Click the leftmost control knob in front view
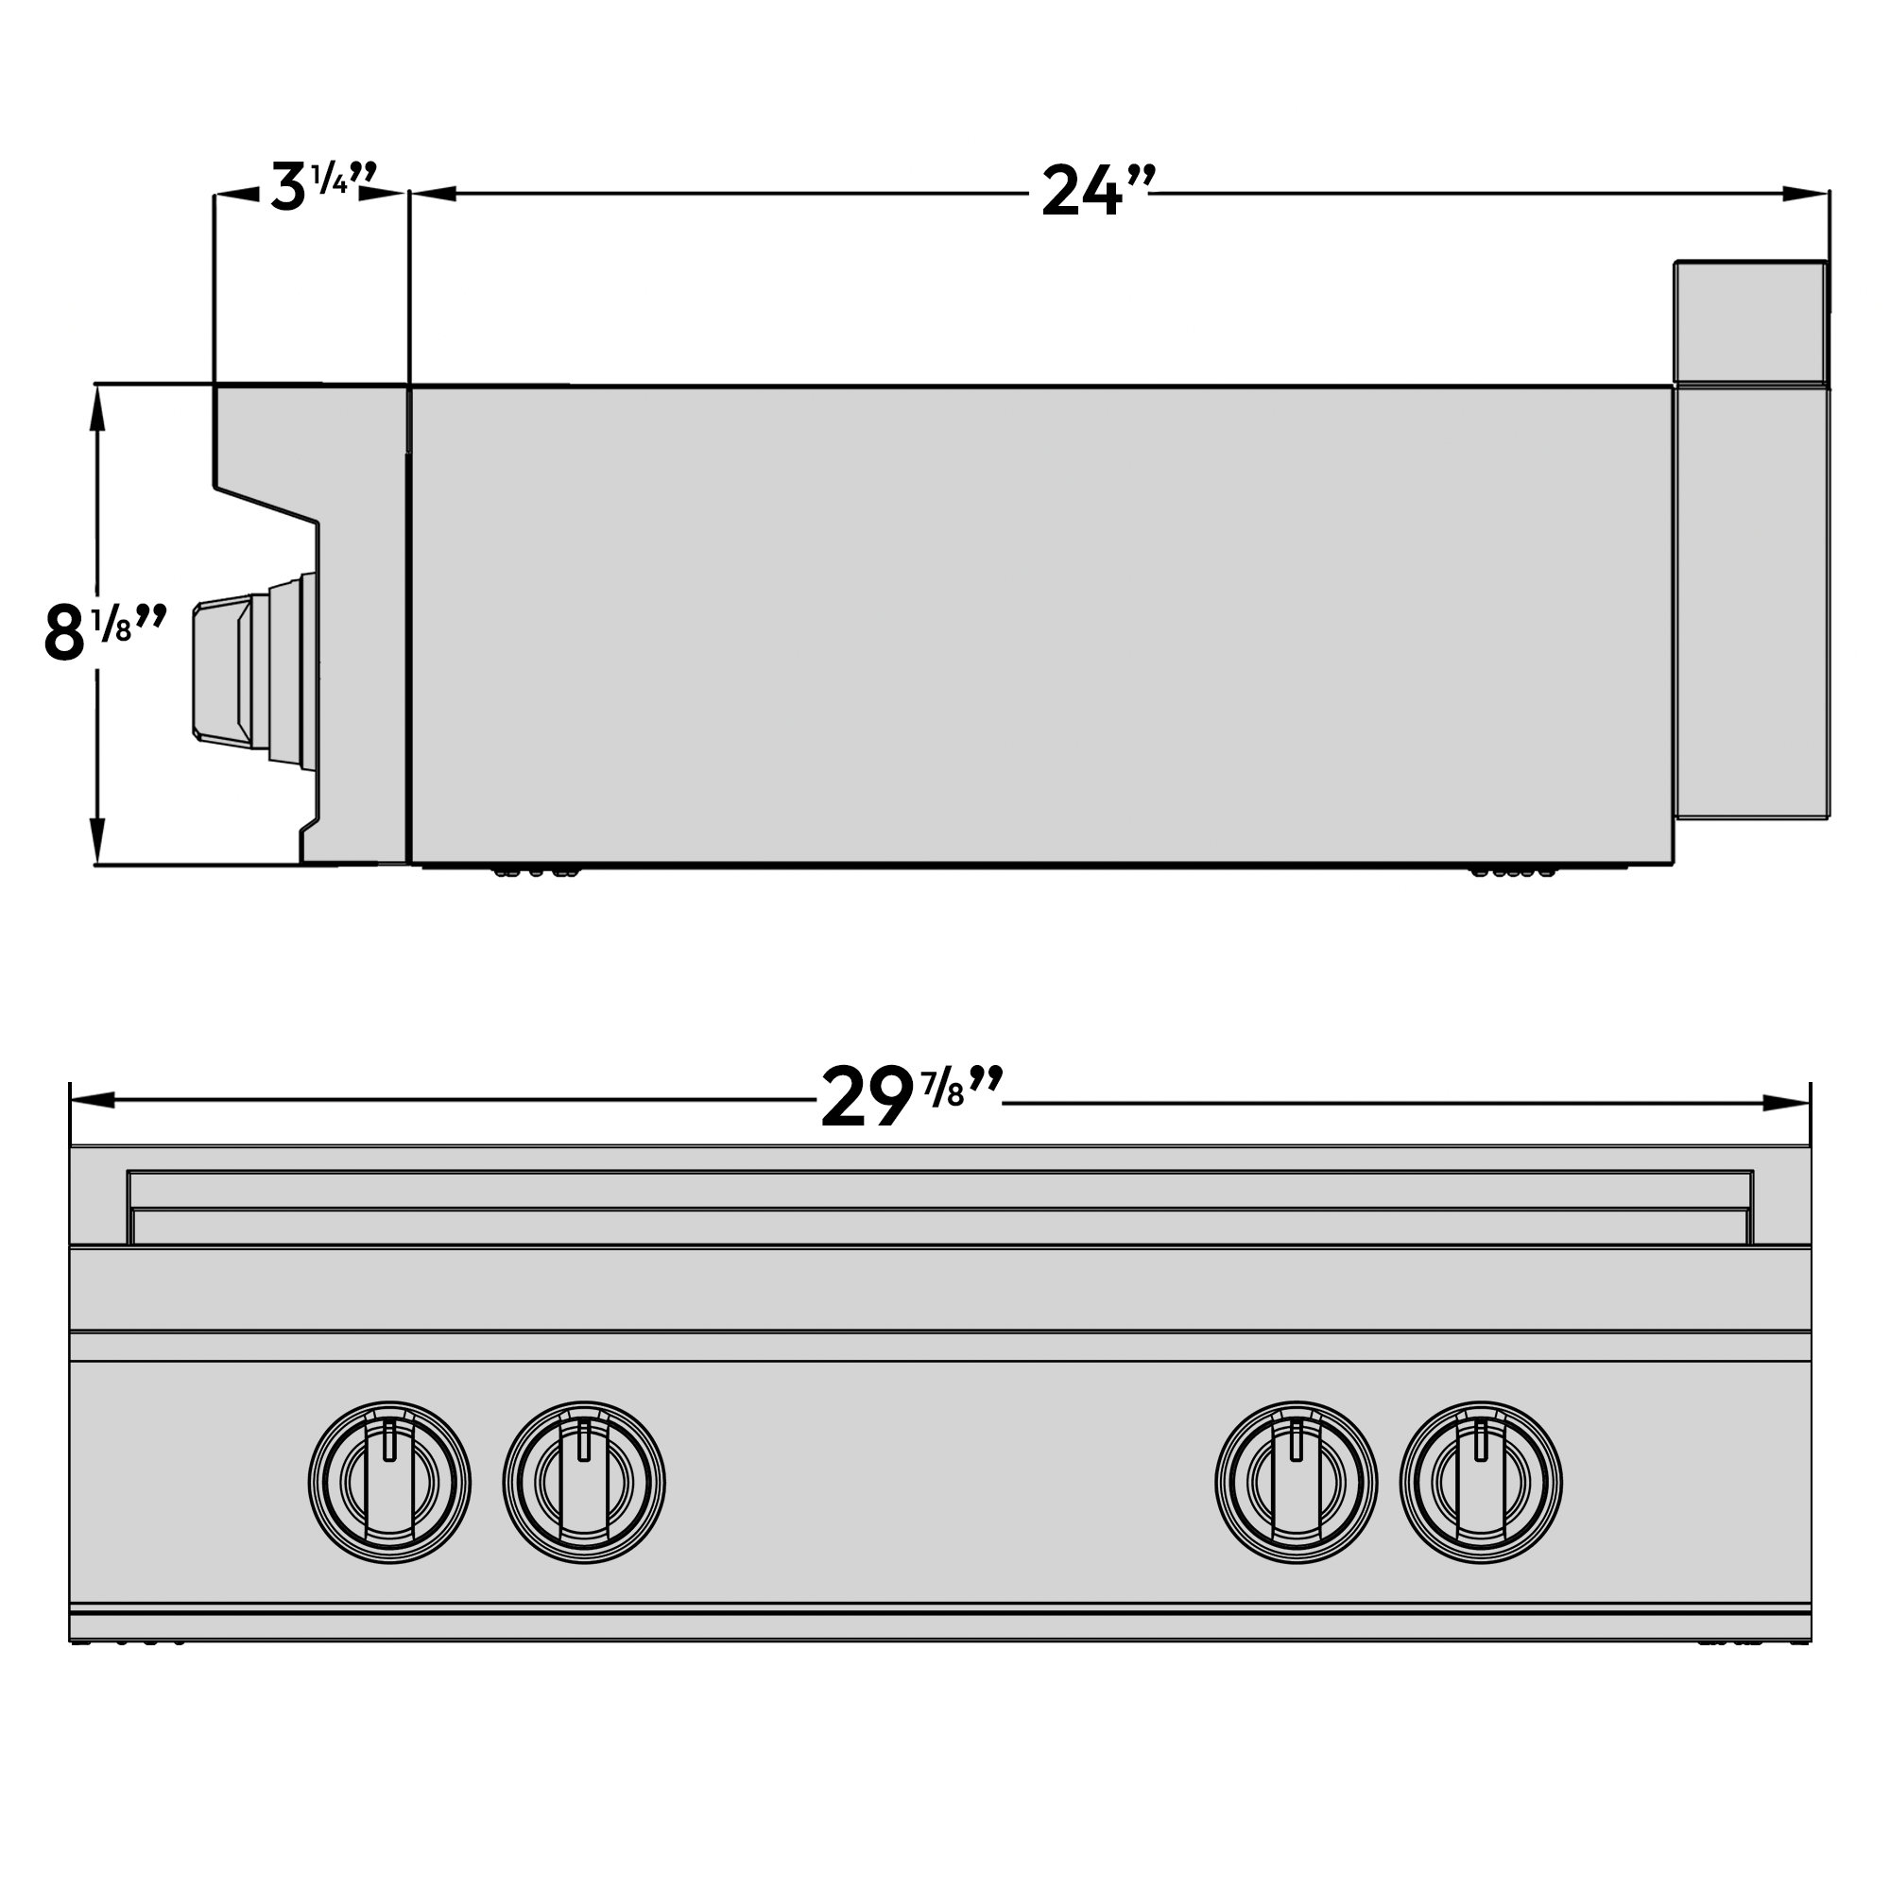[389, 1481]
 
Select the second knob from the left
[584, 1481]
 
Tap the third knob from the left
[1297, 1481]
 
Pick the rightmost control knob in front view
[1480, 1481]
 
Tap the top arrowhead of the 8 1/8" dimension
[96, 411]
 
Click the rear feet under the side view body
[1512, 870]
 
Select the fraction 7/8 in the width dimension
[943, 1090]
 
